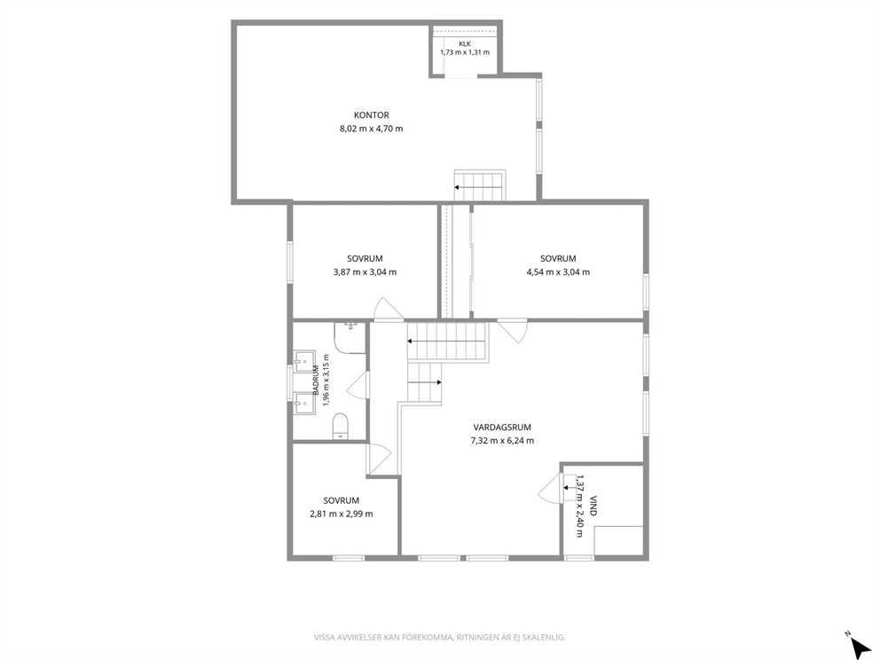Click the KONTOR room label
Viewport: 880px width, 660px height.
coord(371,115)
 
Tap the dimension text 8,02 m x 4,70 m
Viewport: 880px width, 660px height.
coord(371,129)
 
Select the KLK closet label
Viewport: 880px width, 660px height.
coord(465,43)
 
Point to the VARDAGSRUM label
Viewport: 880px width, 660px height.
coord(502,427)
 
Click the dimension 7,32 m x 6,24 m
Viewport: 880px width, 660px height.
coord(502,441)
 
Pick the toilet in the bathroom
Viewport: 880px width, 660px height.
coord(340,427)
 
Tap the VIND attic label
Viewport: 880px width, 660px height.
coord(593,505)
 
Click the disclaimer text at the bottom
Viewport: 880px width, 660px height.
coord(439,638)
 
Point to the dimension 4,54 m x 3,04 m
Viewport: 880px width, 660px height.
coord(558,272)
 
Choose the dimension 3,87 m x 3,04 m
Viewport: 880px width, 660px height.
coord(365,272)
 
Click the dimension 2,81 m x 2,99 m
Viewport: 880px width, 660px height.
coord(342,515)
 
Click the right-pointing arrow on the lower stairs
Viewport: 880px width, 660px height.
coord(424,382)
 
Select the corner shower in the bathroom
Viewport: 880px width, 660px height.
coord(350,337)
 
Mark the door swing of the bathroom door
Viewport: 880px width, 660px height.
coord(357,385)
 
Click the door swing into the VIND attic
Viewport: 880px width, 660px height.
coord(550,488)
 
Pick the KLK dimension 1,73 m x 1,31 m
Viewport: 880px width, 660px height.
coord(465,52)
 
